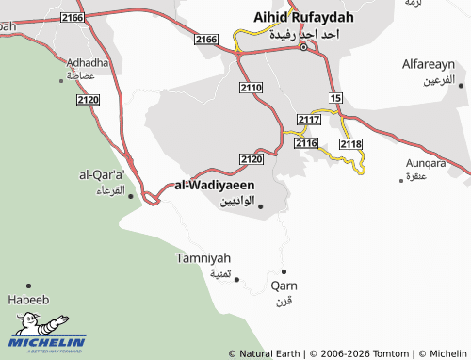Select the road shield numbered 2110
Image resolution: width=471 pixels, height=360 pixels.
coord(251,88)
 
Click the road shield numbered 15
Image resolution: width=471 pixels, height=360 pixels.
coord(336,98)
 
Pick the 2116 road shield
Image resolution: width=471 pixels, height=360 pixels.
coord(306,143)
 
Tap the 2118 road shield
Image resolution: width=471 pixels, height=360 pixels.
coord(350,143)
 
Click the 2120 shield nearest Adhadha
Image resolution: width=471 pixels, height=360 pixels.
coord(89,99)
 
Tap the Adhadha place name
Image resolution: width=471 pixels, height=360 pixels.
coord(88,62)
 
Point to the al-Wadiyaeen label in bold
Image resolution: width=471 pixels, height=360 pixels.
coord(215,186)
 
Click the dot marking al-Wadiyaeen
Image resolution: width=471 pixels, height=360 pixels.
coord(261,206)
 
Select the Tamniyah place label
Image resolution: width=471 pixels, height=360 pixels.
coord(203,257)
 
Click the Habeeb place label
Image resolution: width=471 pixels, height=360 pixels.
coord(28,301)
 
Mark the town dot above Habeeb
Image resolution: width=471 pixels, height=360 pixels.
coord(28,285)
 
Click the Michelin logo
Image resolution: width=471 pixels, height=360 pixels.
coord(47,330)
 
